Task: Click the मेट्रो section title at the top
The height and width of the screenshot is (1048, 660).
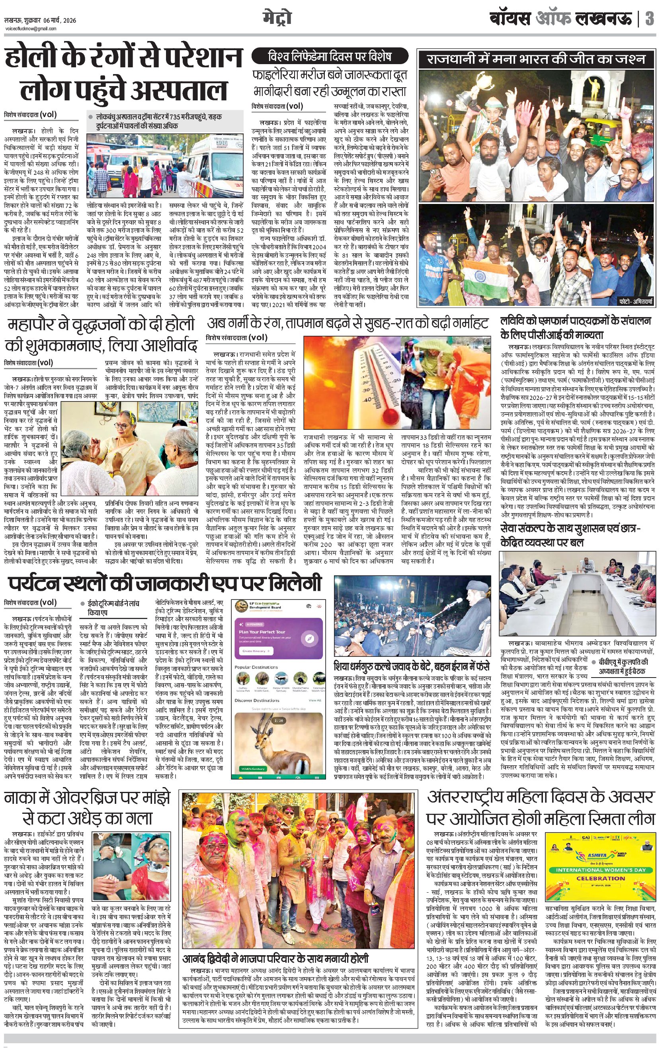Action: (x=277, y=18)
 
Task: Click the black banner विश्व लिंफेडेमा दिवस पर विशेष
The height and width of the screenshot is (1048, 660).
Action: (x=330, y=57)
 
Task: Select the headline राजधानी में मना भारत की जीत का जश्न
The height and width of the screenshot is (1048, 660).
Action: (x=536, y=59)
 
